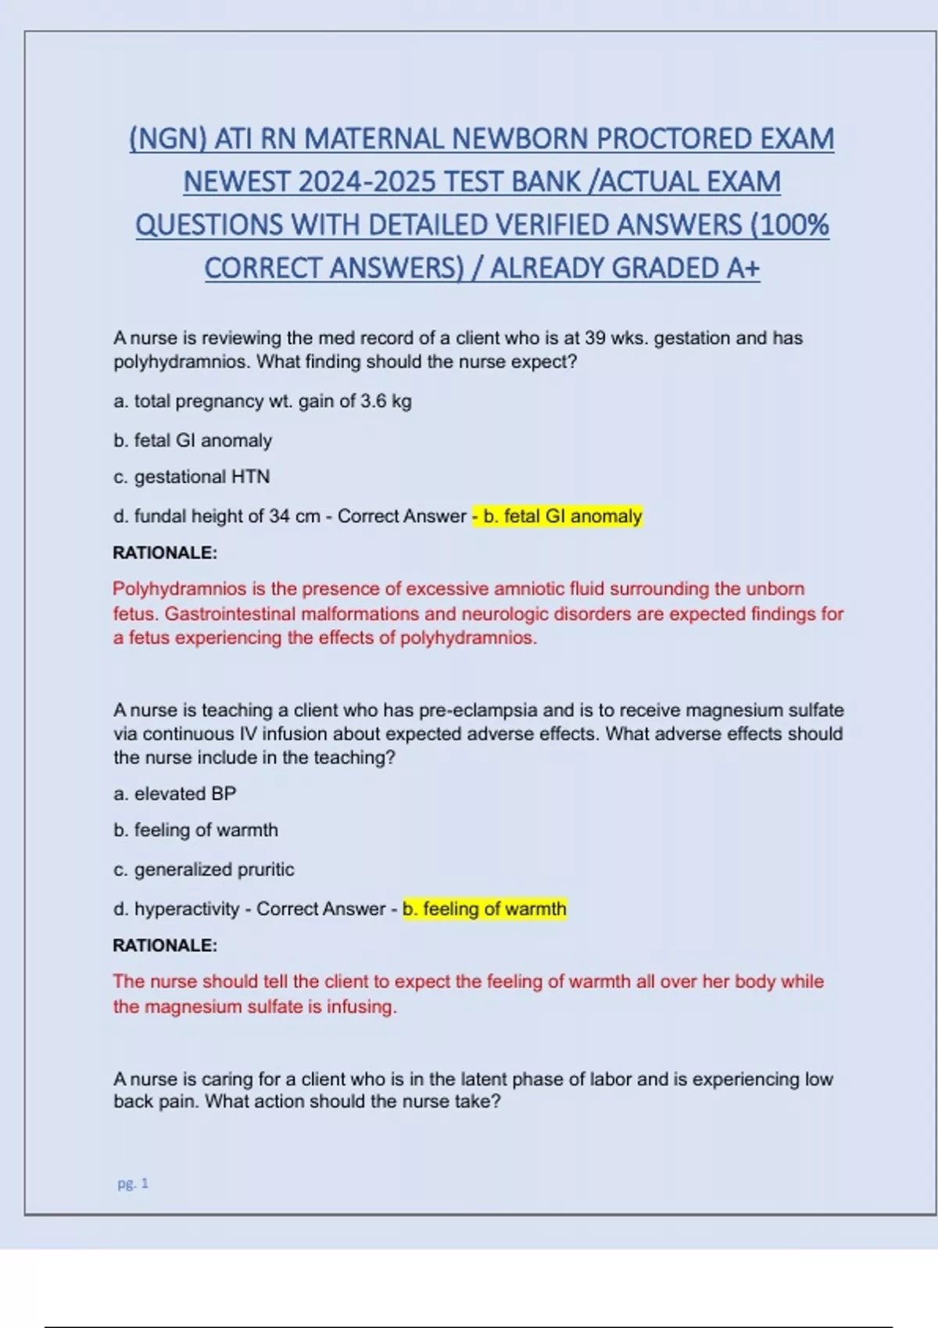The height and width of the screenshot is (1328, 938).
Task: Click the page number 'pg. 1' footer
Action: pos(133,1183)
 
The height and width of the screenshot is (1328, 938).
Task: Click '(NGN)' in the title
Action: pos(167,139)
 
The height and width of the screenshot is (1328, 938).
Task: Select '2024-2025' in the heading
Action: pos(366,182)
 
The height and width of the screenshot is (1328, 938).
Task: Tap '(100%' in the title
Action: pos(789,225)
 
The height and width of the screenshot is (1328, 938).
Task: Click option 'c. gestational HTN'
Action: pos(192,477)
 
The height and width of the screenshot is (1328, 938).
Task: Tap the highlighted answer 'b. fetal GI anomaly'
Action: pos(562,516)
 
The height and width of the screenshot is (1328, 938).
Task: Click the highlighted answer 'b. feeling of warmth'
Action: pos(485,909)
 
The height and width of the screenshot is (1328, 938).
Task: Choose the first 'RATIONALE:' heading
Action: pos(165,553)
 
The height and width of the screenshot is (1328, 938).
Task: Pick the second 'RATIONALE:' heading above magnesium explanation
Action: pos(165,945)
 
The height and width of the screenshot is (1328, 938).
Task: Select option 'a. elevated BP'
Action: pos(174,794)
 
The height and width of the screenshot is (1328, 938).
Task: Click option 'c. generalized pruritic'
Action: pos(203,869)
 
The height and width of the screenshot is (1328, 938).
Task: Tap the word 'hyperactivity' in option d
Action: pos(187,909)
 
